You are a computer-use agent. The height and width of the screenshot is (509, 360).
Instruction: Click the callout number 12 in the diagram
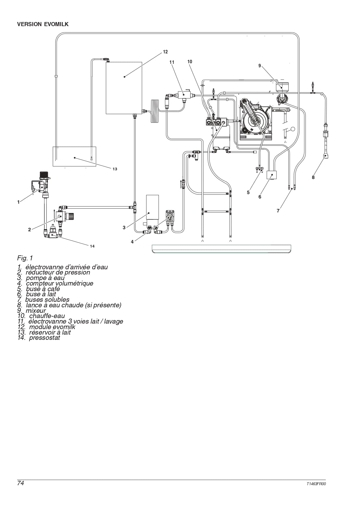(165, 52)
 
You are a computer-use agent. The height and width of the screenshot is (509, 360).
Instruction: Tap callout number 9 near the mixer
(260, 66)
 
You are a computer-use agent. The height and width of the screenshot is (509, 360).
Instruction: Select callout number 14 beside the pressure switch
(92, 246)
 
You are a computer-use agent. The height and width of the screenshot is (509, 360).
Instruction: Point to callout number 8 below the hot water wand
(313, 177)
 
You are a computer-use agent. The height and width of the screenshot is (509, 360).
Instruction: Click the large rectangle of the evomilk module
(124, 88)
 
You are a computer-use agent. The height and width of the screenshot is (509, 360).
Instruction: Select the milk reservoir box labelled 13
(74, 156)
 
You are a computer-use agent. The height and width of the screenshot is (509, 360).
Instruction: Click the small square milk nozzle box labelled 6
(272, 175)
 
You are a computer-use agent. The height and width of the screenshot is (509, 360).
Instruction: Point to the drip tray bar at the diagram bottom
(221, 249)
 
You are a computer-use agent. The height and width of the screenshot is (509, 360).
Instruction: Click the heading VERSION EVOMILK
(43, 24)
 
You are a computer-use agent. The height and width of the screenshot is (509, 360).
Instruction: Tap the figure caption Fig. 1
(25, 258)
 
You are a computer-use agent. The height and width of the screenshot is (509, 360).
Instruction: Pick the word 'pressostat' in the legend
(44, 338)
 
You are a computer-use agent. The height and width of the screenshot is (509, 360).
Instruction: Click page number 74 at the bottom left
(21, 483)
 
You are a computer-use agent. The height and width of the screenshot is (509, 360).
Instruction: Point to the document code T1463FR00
(316, 484)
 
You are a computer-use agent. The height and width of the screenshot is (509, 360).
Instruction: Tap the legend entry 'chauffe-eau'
(47, 316)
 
